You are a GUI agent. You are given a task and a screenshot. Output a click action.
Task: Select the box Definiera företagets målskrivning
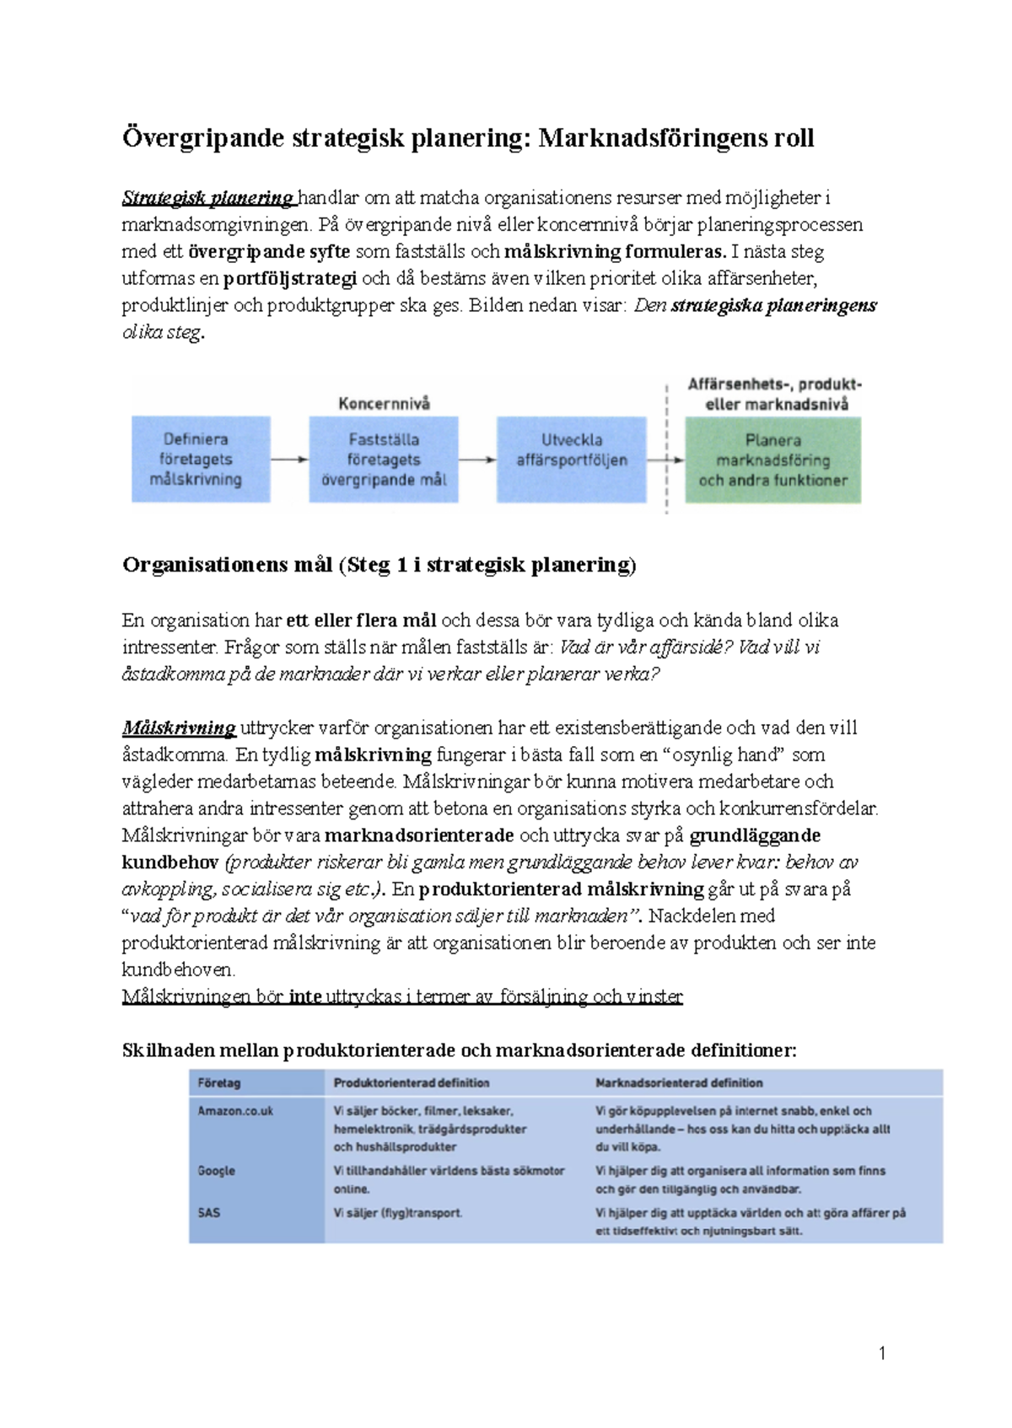(x=201, y=459)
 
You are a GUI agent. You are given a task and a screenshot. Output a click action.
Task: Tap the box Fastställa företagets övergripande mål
(x=384, y=459)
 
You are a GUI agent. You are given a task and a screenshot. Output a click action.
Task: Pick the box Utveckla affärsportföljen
(x=572, y=459)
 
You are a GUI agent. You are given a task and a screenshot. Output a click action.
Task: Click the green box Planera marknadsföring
(x=772, y=460)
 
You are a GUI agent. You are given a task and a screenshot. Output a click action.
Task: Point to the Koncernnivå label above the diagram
(x=384, y=404)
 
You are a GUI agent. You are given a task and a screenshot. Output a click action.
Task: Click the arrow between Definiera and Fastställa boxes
(x=289, y=459)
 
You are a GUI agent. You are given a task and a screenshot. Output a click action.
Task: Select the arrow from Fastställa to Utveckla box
(x=477, y=459)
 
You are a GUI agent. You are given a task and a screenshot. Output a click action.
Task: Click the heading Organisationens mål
(x=228, y=565)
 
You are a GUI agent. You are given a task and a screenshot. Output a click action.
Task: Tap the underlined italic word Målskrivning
(x=179, y=727)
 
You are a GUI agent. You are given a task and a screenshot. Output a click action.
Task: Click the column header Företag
(x=218, y=1083)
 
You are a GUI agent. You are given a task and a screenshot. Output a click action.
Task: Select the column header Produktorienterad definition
(x=411, y=1083)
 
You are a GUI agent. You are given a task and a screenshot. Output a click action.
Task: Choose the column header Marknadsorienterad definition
(x=679, y=1083)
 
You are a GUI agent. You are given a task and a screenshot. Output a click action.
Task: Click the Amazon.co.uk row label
(x=235, y=1111)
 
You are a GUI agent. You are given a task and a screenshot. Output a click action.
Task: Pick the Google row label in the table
(x=216, y=1171)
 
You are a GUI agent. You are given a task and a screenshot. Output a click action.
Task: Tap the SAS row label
(x=208, y=1213)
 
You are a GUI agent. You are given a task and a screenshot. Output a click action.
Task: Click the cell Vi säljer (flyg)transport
(x=397, y=1213)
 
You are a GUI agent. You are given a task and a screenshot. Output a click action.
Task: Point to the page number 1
(x=882, y=1354)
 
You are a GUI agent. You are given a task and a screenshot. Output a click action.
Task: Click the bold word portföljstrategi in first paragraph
(x=290, y=278)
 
